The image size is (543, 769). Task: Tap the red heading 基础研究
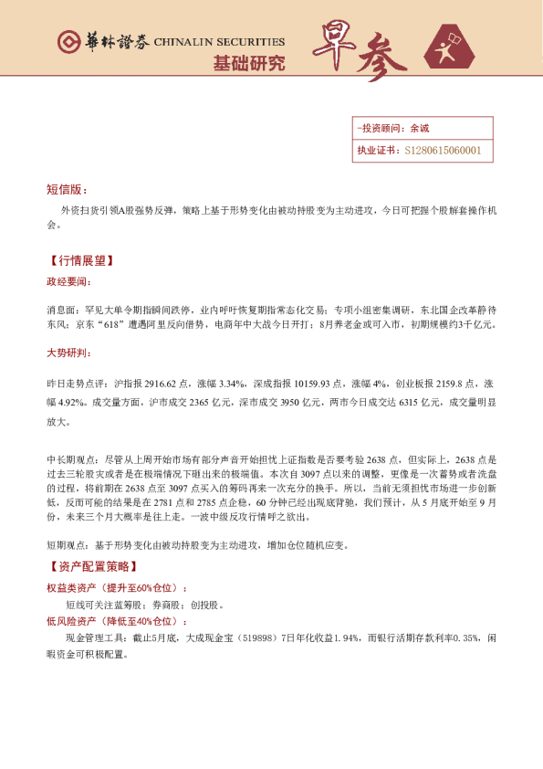coord(248,63)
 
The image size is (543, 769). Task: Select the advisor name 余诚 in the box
coord(419,129)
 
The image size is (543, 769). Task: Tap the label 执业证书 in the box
coord(376,151)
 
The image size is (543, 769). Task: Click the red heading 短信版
coord(65,189)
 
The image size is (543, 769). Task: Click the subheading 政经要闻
coord(68,281)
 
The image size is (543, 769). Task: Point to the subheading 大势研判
coord(68,352)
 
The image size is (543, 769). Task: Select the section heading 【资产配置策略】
coord(90,567)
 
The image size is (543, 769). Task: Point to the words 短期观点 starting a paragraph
coord(64,546)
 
